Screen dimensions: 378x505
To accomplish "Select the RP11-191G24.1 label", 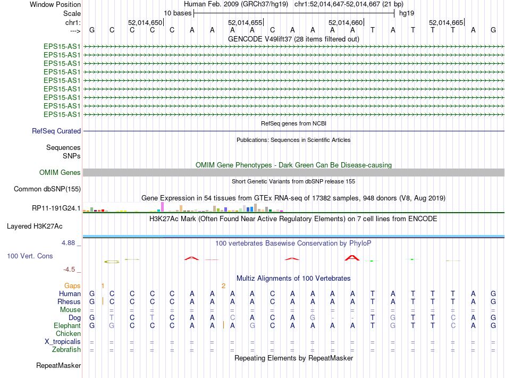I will (56, 208).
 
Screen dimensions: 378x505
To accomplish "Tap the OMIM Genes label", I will (60, 172).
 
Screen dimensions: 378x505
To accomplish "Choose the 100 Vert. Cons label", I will (30, 256).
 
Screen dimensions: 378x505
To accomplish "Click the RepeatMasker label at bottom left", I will (58, 365).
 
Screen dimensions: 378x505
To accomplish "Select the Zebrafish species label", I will (66, 349).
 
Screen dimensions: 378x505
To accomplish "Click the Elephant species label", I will (67, 325).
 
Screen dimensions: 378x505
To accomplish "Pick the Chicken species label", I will (68, 333).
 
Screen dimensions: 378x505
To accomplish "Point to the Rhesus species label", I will (69, 301).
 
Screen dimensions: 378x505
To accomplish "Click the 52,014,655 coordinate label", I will (245, 22).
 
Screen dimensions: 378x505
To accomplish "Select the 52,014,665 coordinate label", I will (446, 22).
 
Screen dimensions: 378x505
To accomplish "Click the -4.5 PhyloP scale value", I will (70, 269).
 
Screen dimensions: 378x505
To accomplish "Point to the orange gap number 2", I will (224, 285).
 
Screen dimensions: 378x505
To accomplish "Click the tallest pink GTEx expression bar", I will (162, 206).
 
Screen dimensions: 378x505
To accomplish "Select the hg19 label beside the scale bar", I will (407, 12).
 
